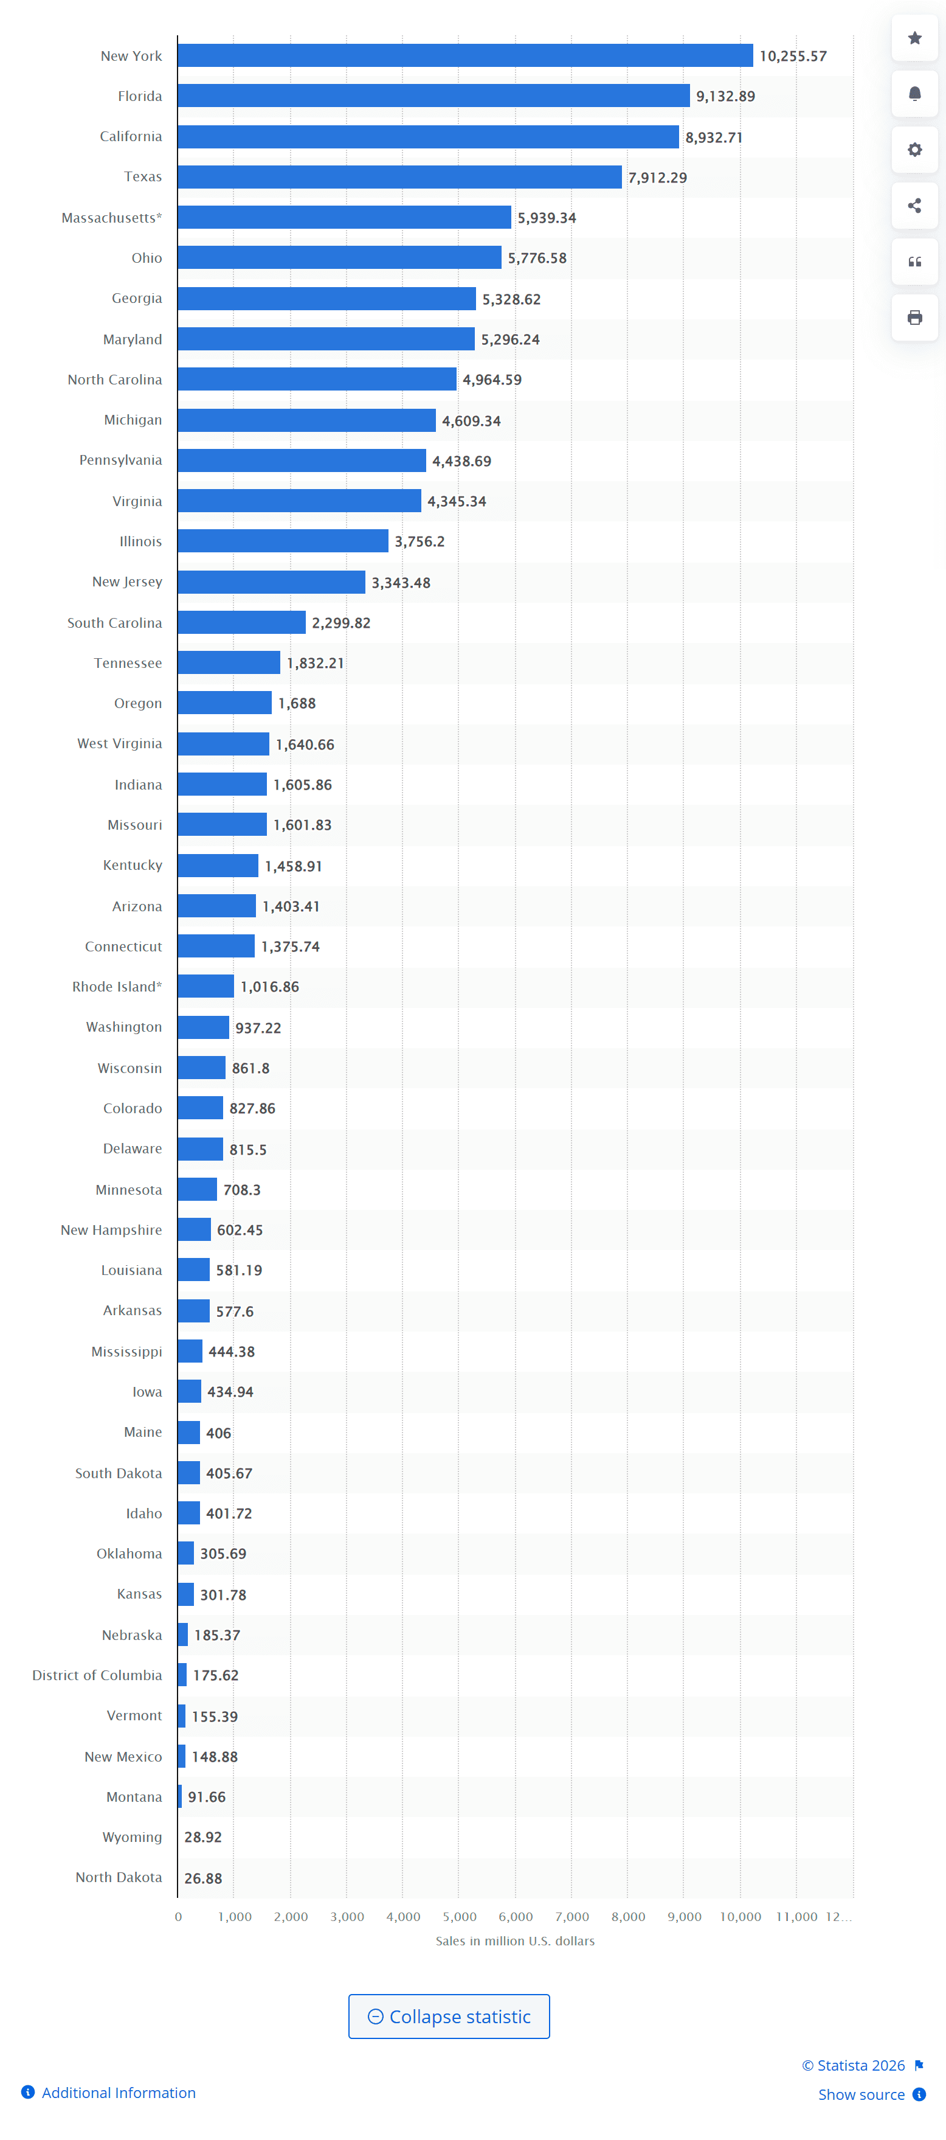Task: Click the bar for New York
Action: click(x=465, y=56)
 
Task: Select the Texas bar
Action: click(x=399, y=177)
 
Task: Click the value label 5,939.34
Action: click(x=547, y=218)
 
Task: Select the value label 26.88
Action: click(x=202, y=1877)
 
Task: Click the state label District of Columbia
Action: click(x=97, y=1675)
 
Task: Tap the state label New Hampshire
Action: click(x=111, y=1229)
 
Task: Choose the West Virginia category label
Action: click(x=120, y=743)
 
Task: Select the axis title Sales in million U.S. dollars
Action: click(x=515, y=1940)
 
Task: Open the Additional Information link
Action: click(x=118, y=2093)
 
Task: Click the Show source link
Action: click(x=861, y=2094)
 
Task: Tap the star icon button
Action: click(x=914, y=38)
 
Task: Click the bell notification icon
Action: click(x=914, y=94)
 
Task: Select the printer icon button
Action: click(x=914, y=318)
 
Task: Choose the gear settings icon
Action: click(x=914, y=150)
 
